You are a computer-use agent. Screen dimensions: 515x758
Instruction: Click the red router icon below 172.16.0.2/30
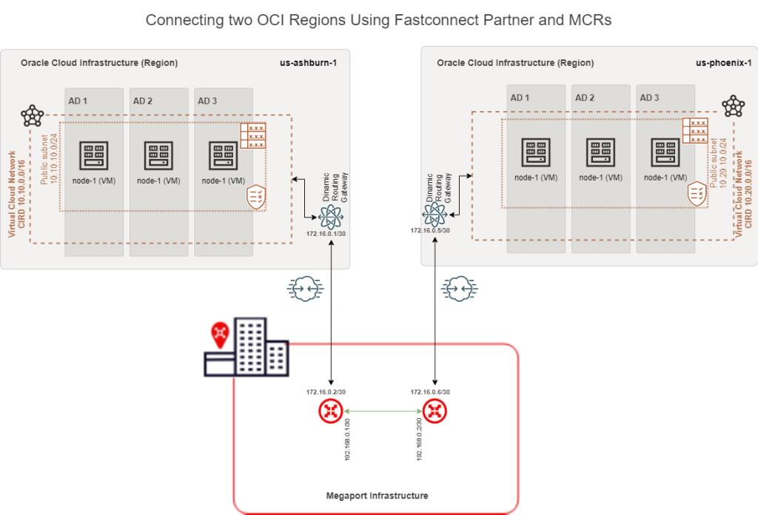(x=329, y=411)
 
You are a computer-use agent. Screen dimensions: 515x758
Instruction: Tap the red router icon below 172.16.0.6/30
(x=435, y=411)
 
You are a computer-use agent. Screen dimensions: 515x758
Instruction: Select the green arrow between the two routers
(x=382, y=411)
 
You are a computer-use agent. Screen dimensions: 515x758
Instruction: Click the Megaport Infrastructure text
(x=378, y=496)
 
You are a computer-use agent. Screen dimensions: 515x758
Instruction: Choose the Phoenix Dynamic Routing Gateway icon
(x=434, y=215)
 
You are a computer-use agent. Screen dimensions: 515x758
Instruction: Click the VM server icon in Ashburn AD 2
(x=158, y=155)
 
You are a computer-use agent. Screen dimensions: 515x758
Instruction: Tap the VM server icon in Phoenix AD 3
(x=665, y=152)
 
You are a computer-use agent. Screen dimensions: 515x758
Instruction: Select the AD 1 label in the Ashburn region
(x=78, y=101)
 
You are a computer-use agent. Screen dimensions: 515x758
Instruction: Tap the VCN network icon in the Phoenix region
(x=733, y=106)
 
